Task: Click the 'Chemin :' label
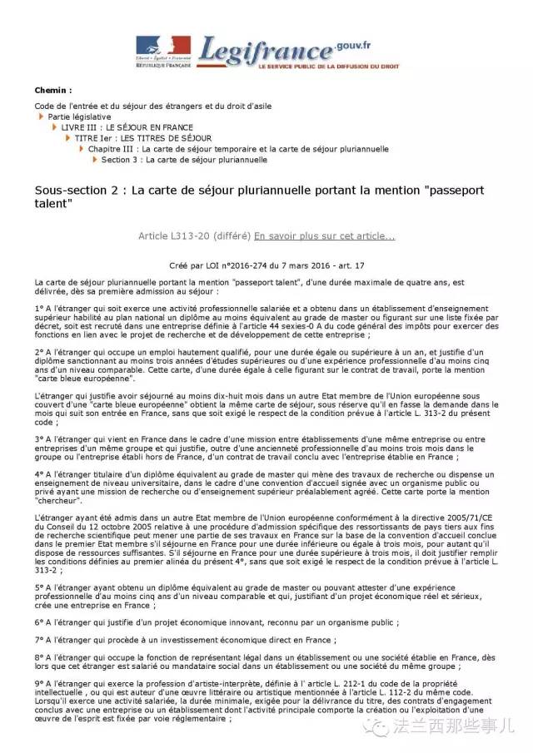coord(53,90)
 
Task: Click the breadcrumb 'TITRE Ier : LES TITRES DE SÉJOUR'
coord(143,138)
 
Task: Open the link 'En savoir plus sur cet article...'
coord(325,236)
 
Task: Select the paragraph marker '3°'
coord(39,438)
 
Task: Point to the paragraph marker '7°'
coord(39,640)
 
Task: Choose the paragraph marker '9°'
coord(39,683)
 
